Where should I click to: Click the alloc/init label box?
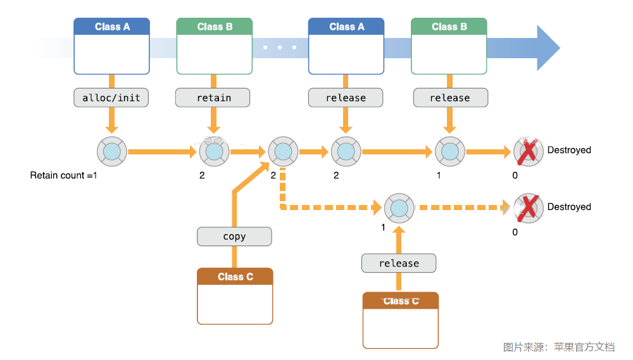tap(111, 97)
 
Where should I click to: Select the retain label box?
tap(213, 97)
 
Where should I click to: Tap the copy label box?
tap(234, 237)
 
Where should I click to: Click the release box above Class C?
tap(399, 263)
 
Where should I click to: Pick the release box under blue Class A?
tap(346, 97)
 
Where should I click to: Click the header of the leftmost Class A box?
tap(112, 27)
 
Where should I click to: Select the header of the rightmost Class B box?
tap(449, 27)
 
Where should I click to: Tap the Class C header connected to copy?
tap(235, 277)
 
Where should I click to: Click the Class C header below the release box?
tap(401, 301)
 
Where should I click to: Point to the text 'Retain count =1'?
tap(63, 175)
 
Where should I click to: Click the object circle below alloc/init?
tap(112, 152)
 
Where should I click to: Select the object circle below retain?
tap(215, 152)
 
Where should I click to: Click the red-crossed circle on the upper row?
tap(529, 152)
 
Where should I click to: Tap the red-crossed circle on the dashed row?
tap(529, 208)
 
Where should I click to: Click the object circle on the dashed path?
tap(399, 208)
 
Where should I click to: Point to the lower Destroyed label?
tap(569, 207)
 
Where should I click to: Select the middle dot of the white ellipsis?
tap(280, 47)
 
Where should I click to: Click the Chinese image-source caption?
tap(559, 347)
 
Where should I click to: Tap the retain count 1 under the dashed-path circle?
tap(383, 228)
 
